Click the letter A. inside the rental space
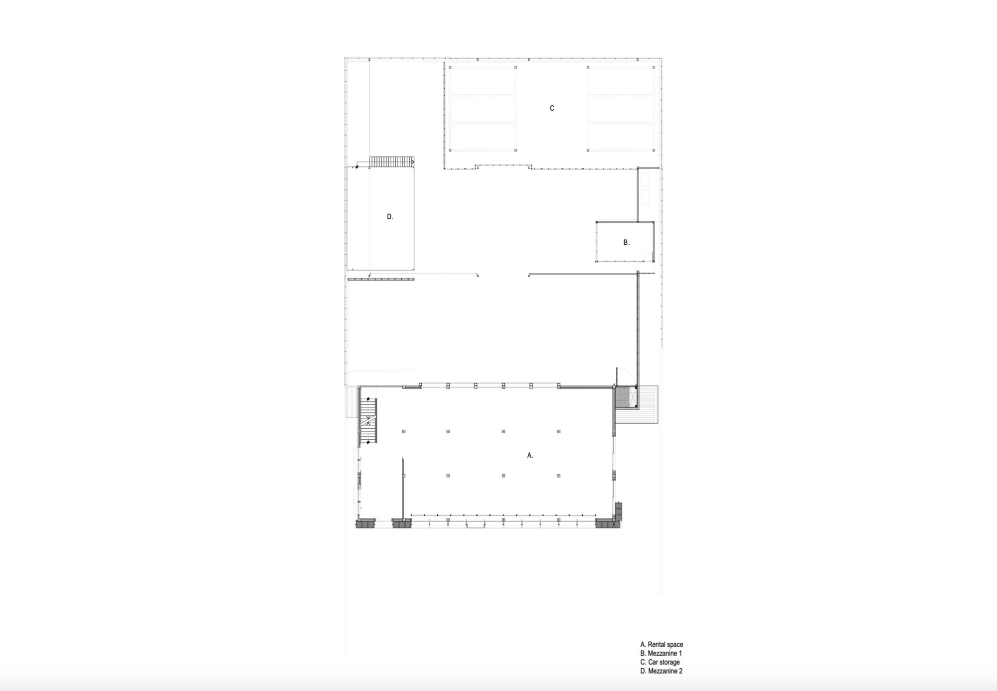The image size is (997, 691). (530, 455)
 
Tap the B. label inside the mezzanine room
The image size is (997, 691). (627, 242)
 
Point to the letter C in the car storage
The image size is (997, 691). (552, 108)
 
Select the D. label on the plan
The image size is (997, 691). (390, 216)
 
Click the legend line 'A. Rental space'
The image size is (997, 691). (662, 645)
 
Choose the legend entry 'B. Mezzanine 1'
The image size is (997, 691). (661, 653)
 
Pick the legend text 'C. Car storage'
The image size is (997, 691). (660, 662)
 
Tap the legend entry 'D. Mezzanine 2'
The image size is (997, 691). (662, 671)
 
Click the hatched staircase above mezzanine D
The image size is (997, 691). (392, 162)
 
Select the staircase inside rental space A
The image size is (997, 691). (368, 421)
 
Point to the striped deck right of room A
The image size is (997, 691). (648, 404)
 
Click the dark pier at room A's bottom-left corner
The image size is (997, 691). (365, 523)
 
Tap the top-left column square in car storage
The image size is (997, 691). (450, 67)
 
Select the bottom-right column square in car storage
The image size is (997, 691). (654, 150)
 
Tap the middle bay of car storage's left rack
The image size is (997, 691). (483, 109)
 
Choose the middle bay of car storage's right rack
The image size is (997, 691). (621, 109)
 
